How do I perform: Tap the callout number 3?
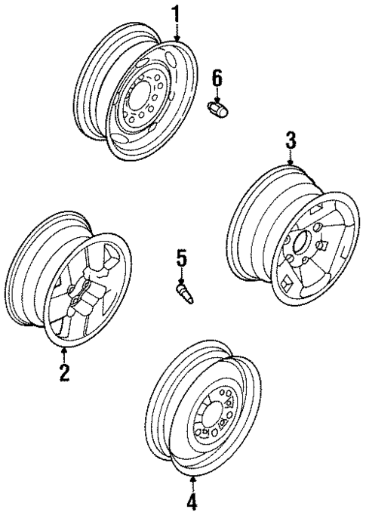[x=291, y=140]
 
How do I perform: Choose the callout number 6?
[x=217, y=76]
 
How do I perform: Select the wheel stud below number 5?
[x=185, y=294]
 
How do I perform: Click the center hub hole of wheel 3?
[x=299, y=245]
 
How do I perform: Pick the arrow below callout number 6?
[x=217, y=94]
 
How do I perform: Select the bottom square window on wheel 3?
[x=291, y=282]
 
